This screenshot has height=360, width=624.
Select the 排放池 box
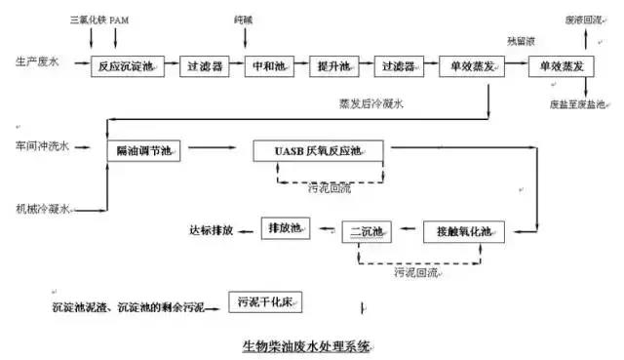pyautogui.click(x=285, y=228)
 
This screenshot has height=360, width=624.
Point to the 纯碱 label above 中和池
pyautogui.click(x=269, y=19)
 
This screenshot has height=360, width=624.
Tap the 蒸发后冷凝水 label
pyautogui.click(x=369, y=100)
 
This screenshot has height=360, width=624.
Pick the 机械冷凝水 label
pyautogui.click(x=42, y=209)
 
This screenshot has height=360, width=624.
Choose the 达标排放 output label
pyautogui.click(x=211, y=229)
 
